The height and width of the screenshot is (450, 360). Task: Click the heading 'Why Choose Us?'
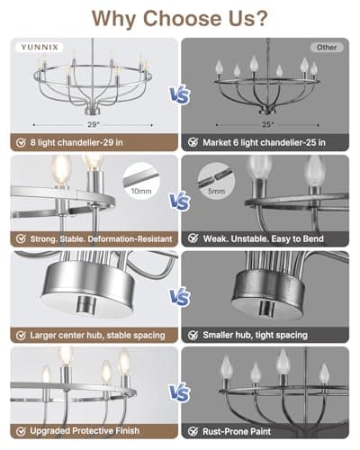180,18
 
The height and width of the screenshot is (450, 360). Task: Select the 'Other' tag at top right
328,47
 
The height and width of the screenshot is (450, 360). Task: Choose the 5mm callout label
217,192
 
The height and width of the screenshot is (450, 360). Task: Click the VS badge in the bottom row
179,393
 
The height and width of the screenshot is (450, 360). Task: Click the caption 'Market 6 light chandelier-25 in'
269,141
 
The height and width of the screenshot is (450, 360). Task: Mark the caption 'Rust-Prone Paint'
238,430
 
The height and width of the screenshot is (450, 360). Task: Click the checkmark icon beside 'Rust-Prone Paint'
194,430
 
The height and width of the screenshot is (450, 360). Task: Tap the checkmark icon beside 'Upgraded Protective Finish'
19,430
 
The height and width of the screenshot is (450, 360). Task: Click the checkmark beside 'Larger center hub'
19,335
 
